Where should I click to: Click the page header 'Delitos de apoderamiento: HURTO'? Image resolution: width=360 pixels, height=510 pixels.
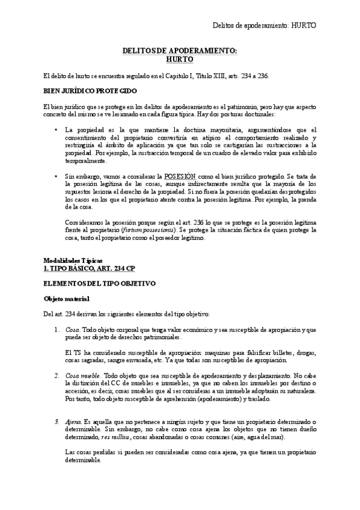(264, 25)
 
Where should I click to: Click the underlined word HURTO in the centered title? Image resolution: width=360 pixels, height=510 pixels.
(180, 60)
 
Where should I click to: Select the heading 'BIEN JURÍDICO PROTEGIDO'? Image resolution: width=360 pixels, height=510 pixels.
(90, 90)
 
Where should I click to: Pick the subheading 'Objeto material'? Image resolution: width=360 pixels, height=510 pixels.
(67, 298)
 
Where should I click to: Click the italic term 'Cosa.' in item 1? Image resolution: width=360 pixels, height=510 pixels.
(73, 330)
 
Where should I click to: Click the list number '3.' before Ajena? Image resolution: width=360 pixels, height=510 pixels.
(57, 422)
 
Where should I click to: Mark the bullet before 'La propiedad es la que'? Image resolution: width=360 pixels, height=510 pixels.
(56, 129)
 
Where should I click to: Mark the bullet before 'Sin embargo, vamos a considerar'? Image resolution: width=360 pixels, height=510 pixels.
(56, 176)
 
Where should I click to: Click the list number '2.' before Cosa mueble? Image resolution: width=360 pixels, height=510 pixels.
(57, 375)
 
